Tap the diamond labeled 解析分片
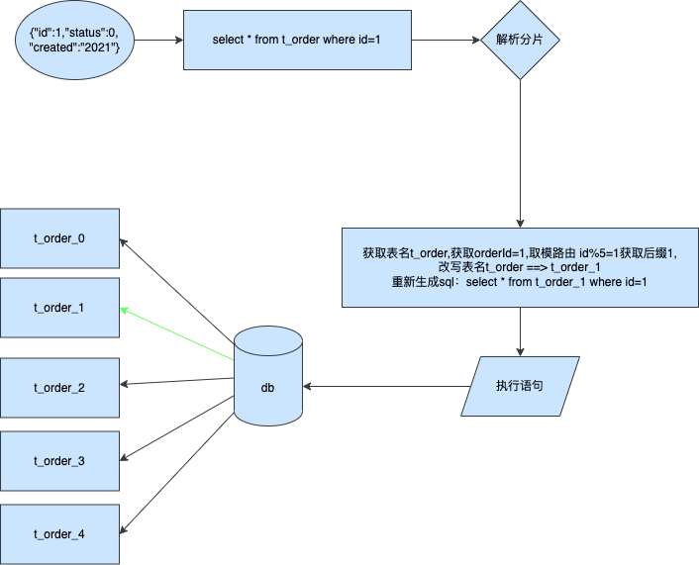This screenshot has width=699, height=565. click(x=521, y=41)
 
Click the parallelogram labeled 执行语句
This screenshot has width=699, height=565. click(x=520, y=385)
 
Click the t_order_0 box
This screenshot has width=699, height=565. click(x=59, y=238)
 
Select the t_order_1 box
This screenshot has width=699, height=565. click(x=59, y=309)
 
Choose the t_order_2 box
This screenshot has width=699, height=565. click(x=59, y=387)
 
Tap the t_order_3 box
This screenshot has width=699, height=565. click(x=59, y=461)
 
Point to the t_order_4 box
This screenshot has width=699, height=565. click(x=59, y=534)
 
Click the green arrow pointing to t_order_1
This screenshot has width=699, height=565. click(x=178, y=334)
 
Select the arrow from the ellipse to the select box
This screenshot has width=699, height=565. click(x=158, y=41)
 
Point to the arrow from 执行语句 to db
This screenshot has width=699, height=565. click(x=386, y=385)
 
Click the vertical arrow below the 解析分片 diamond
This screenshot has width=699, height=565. click(x=521, y=153)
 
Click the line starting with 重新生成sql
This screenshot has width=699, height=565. click(x=519, y=283)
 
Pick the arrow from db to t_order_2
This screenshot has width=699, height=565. click(x=178, y=383)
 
